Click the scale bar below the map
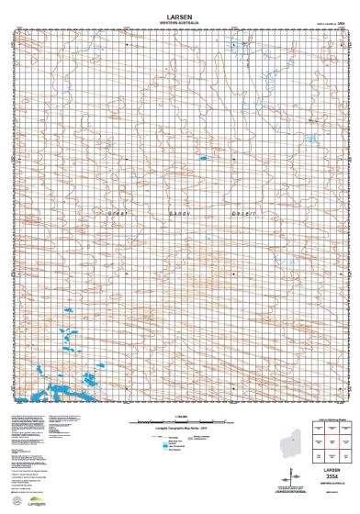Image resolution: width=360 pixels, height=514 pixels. pyautogui.click(x=180, y=421)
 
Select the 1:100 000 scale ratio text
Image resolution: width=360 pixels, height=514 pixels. pyautogui.click(x=180, y=416)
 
